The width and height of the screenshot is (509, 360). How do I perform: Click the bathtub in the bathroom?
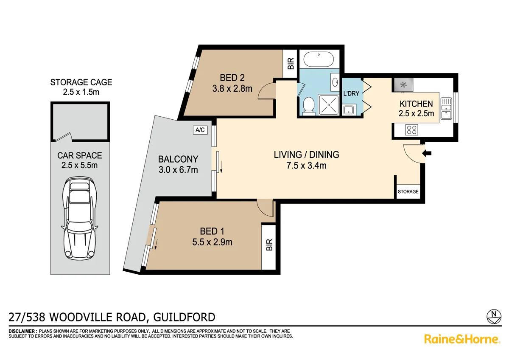[x=319, y=59]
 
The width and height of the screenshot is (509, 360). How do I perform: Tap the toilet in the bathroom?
[x=308, y=105]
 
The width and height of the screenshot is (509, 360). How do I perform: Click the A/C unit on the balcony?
[x=200, y=130]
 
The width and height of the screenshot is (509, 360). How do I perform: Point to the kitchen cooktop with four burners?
[x=411, y=129]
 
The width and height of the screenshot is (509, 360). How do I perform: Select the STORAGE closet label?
[x=408, y=191]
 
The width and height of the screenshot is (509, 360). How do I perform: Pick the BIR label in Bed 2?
[x=291, y=64]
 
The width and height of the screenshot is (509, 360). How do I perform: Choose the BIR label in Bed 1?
[x=268, y=245]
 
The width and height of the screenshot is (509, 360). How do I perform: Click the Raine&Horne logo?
[x=462, y=339]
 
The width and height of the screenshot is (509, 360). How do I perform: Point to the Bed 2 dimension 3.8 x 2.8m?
[x=232, y=89]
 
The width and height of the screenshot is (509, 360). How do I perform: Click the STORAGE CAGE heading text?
[x=81, y=82]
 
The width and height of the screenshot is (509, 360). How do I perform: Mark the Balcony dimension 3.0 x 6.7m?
[x=178, y=170]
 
